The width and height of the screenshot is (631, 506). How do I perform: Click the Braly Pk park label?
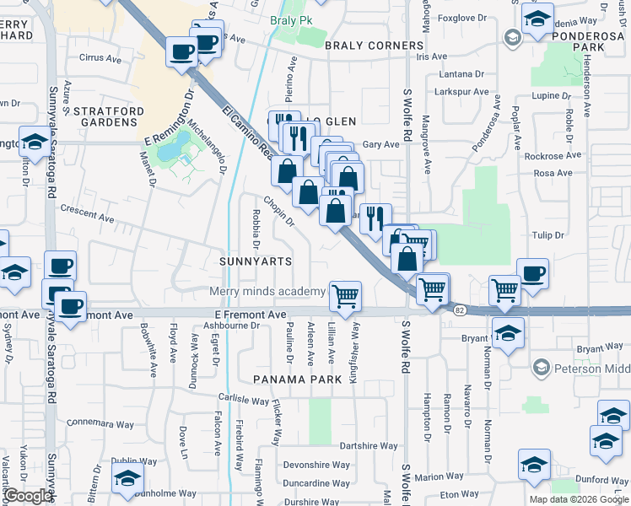point(285,20)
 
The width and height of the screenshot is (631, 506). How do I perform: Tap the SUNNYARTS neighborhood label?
point(256,261)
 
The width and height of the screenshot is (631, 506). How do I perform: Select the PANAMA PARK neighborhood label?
point(298,379)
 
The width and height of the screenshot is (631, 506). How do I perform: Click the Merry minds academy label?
point(267,292)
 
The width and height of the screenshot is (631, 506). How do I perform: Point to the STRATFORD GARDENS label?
point(104,116)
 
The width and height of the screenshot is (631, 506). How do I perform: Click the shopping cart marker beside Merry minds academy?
point(344,296)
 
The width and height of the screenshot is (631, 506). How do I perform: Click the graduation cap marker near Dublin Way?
point(127,477)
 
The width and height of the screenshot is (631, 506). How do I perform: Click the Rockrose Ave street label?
point(553,156)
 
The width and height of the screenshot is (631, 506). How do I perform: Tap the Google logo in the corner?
point(28,496)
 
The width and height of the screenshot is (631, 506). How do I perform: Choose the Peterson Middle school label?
point(591,368)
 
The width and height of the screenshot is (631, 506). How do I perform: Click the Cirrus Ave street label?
point(100,58)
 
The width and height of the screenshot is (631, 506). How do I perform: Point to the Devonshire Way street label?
point(316,465)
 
